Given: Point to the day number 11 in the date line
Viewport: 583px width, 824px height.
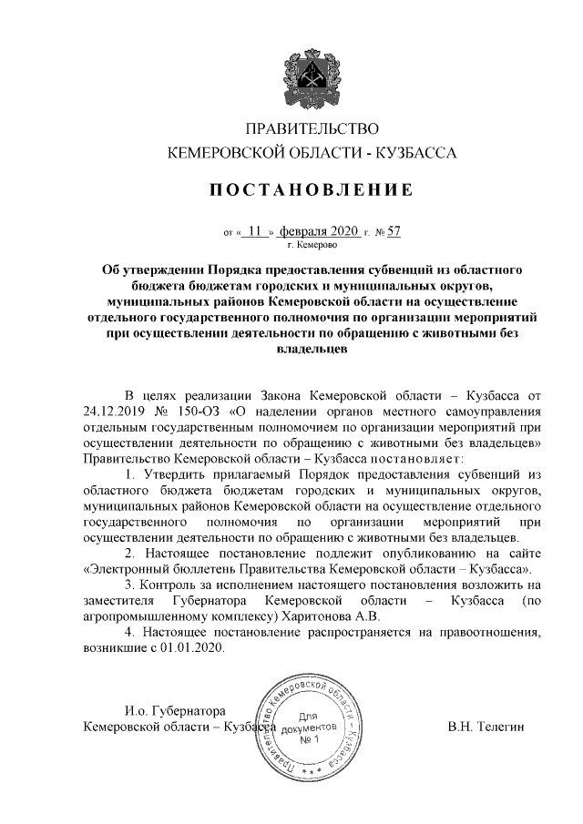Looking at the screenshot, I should [x=254, y=230].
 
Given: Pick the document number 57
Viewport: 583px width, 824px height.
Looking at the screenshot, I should [x=394, y=230].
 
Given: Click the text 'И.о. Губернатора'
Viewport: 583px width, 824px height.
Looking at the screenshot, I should [x=174, y=709].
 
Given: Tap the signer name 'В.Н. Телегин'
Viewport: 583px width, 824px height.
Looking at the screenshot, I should [x=486, y=726].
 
